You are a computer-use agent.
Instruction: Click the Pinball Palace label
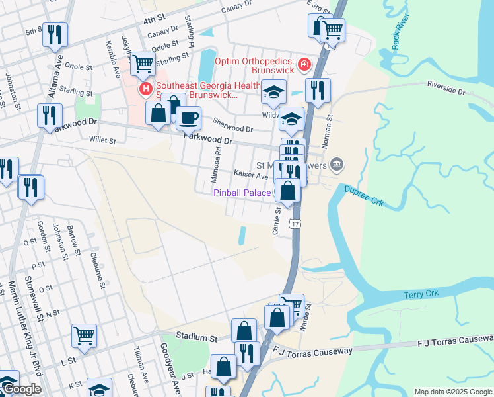(242, 193)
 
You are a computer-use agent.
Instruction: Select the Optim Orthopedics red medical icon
(304, 64)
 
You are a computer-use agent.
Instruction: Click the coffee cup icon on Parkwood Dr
(188, 118)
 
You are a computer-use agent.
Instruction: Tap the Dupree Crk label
(362, 190)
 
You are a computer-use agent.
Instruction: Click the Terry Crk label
(421, 294)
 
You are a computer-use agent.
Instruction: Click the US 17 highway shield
(295, 224)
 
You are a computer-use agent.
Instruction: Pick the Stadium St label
(197, 337)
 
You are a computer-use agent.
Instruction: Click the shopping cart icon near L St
(85, 336)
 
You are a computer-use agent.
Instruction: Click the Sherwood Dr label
(234, 124)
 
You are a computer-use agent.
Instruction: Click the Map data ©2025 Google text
(452, 392)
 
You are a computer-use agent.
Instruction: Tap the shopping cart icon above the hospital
(143, 64)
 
